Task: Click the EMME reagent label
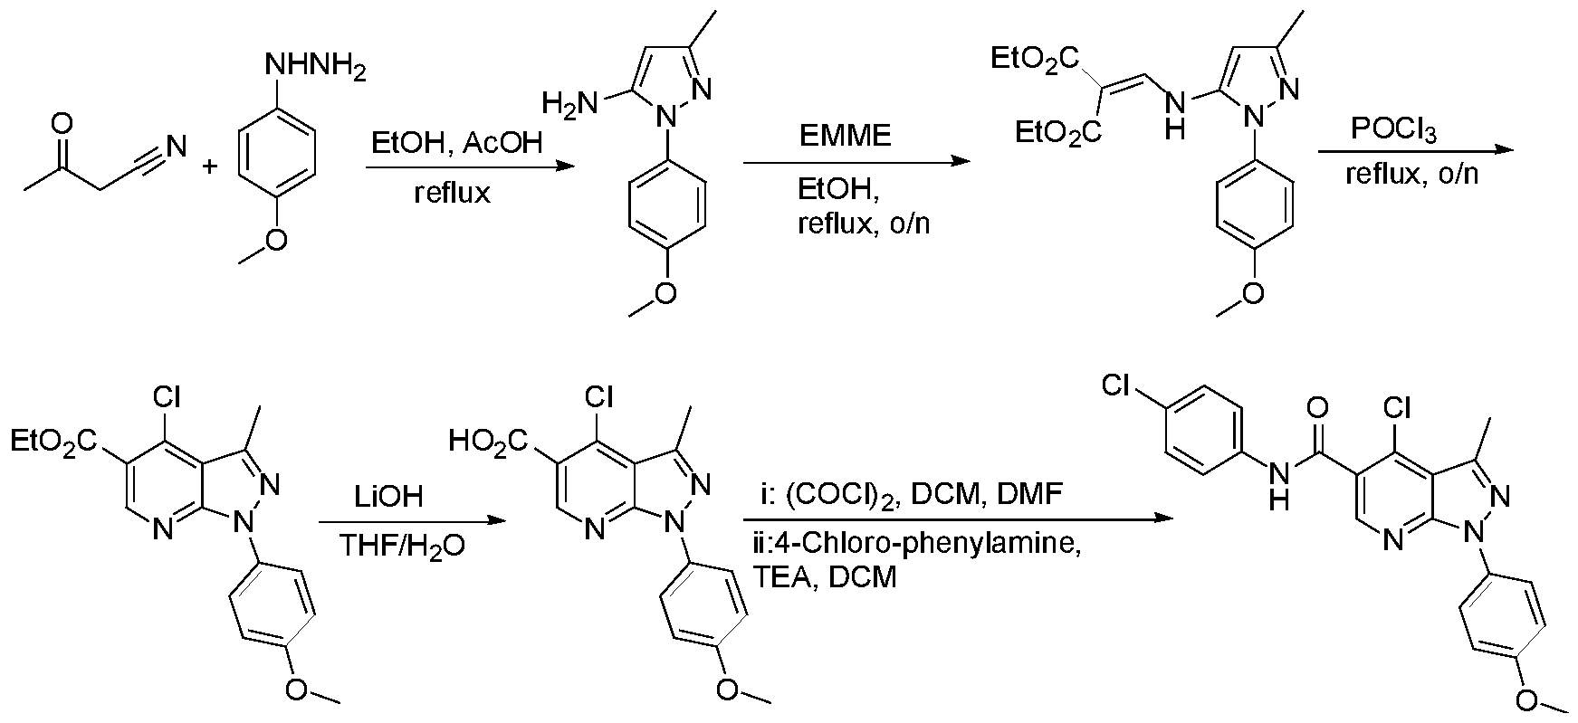845,136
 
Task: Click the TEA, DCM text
824,576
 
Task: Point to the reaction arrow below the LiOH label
407,521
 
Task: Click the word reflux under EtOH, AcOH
452,193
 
